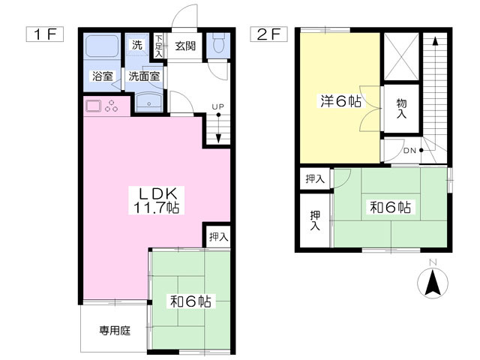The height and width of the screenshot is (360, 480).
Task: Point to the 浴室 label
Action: pos(102,76)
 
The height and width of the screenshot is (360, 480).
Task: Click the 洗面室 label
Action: pos(142,76)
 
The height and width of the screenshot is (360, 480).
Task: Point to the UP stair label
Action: pos(217,106)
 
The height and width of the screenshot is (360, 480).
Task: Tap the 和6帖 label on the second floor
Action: pos(389,207)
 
